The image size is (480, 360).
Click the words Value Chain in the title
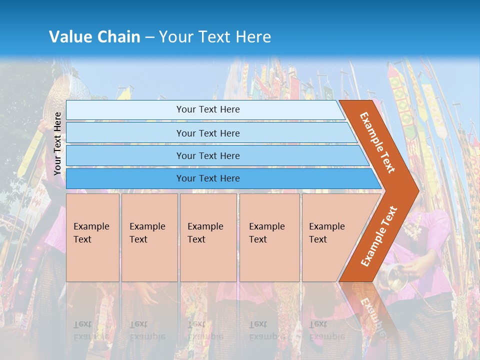(x=94, y=36)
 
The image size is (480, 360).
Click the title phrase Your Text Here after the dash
(x=215, y=36)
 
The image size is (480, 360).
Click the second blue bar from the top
(x=208, y=133)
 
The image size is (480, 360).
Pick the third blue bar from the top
(x=208, y=155)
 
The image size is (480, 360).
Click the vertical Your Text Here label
(x=57, y=143)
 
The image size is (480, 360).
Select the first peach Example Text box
(x=92, y=237)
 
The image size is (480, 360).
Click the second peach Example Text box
(x=149, y=237)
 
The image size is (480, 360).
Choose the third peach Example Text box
(x=208, y=237)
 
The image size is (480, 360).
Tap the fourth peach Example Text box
(x=269, y=237)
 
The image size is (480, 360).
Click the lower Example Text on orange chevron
(x=379, y=236)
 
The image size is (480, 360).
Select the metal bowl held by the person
(x=392, y=277)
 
